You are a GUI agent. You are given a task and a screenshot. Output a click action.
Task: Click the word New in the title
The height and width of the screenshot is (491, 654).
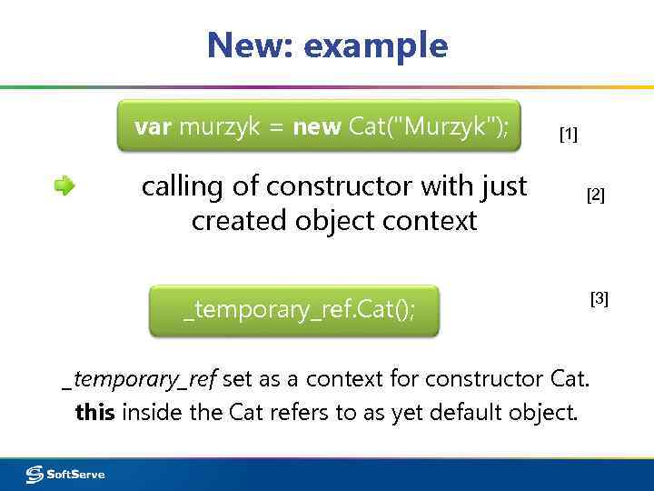pos(245,45)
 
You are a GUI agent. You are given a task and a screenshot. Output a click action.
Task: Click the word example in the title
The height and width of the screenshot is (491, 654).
pos(376,45)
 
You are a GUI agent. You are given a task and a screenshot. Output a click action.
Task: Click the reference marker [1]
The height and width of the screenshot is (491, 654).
pos(568,135)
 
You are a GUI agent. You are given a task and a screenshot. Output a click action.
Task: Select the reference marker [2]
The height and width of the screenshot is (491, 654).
pos(595,195)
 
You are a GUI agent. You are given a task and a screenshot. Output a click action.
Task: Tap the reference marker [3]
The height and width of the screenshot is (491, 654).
pos(599,298)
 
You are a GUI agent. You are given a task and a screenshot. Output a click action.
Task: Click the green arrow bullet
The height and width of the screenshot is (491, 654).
pos(64,186)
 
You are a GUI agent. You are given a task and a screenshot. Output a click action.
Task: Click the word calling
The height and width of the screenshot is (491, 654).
pos(182,187)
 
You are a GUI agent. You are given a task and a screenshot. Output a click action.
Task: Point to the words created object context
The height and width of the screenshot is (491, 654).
pos(334,220)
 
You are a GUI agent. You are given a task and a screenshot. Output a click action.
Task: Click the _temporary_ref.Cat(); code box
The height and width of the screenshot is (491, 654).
pos(294,311)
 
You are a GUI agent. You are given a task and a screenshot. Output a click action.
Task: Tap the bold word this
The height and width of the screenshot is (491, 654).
pos(94,412)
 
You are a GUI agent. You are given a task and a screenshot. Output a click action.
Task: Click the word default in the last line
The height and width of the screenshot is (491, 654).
pos(464,412)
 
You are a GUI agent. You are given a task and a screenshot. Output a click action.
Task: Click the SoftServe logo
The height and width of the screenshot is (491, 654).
pos(65,474)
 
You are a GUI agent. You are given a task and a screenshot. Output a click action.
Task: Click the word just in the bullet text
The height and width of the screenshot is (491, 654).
pos(503,186)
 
